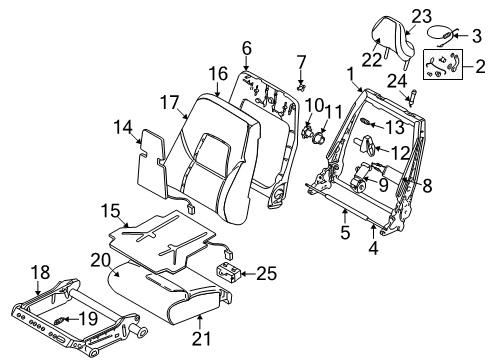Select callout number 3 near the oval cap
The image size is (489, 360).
(478, 35)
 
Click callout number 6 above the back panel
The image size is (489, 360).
(246, 47)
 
